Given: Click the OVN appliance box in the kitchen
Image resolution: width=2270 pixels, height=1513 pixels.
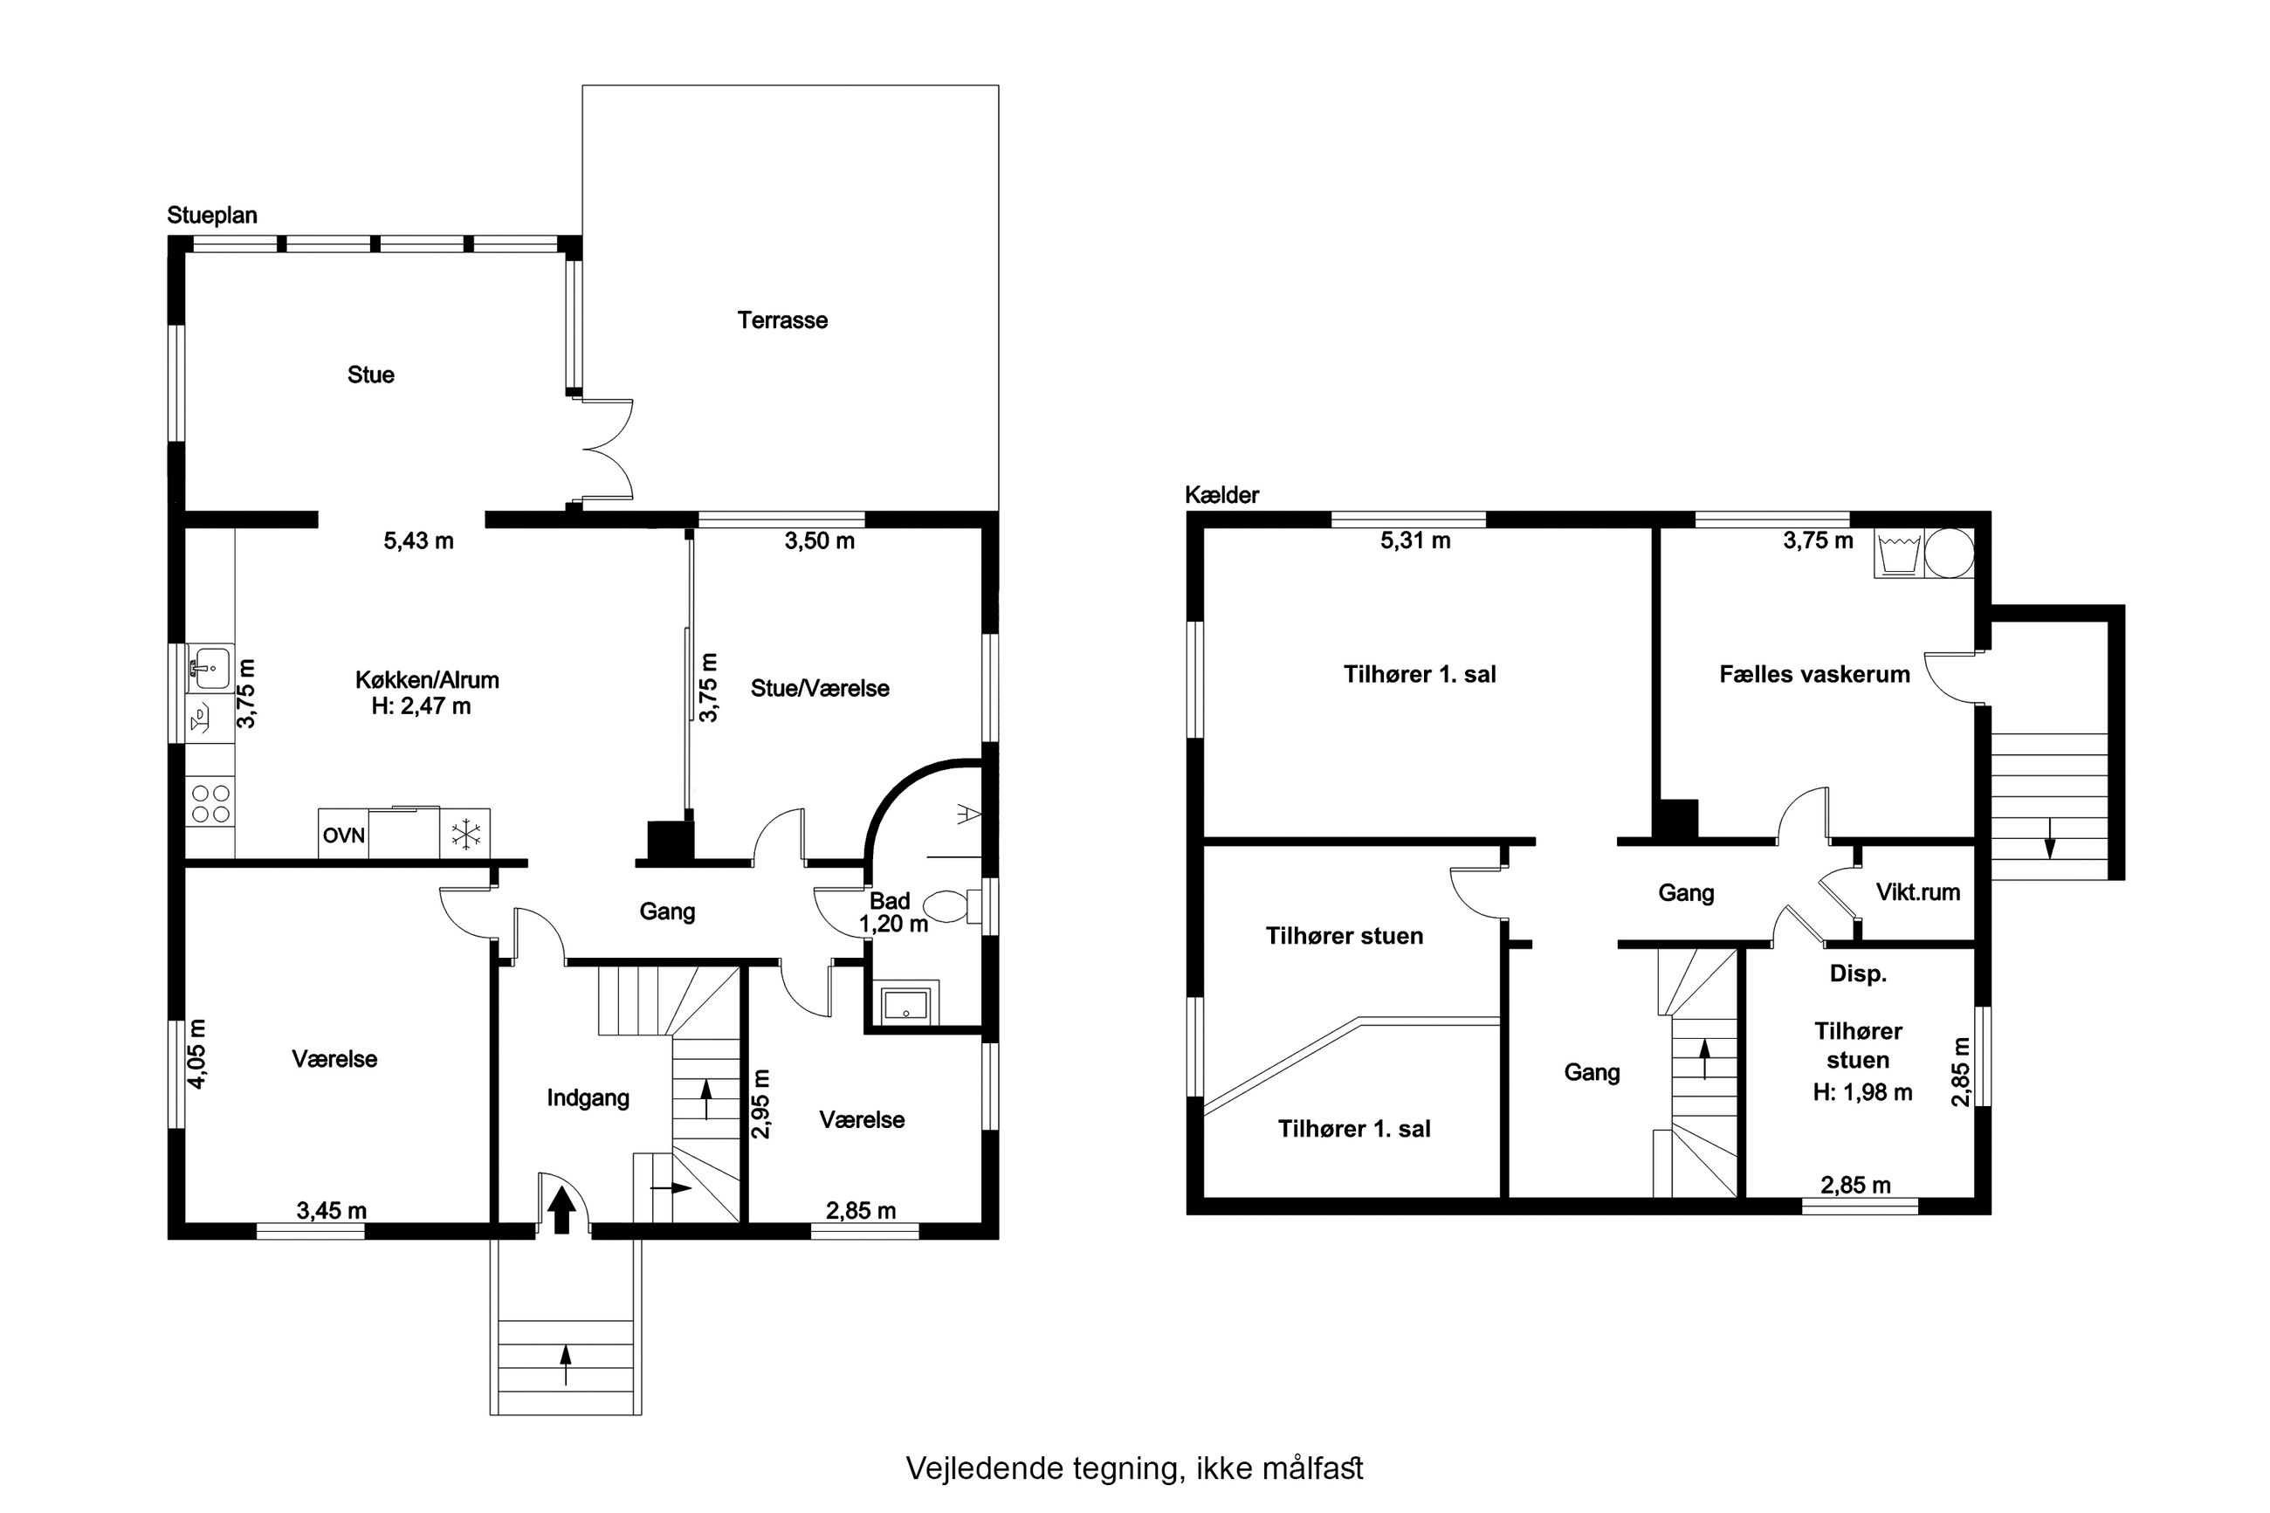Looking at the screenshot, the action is tap(343, 834).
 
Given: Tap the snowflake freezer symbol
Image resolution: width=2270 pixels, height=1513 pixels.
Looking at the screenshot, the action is tap(466, 834).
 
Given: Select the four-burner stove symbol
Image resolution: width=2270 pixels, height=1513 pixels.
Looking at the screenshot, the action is tap(210, 804).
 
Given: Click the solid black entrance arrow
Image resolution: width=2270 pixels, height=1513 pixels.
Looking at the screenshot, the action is tap(561, 1210).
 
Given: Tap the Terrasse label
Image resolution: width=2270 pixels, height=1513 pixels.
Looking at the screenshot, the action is tap(782, 320).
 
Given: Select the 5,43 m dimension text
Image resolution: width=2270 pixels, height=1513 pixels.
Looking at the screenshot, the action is tap(419, 541).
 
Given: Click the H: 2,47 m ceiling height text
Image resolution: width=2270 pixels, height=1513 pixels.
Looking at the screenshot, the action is tap(422, 706).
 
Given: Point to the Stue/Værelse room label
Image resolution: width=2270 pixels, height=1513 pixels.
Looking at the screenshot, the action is tap(820, 689).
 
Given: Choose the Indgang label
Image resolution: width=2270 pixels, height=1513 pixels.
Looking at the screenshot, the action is tap(588, 1098).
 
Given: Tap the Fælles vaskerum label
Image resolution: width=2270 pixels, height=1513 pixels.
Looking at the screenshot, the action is tap(1814, 675).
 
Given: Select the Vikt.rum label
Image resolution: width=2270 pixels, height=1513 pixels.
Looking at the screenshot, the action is tap(1918, 892).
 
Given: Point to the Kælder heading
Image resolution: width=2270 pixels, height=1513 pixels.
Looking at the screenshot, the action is tap(1222, 495).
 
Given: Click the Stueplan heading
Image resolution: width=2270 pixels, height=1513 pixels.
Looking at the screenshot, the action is tap(212, 215).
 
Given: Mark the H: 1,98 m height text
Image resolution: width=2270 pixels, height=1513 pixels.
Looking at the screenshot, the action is tap(1863, 1092).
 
